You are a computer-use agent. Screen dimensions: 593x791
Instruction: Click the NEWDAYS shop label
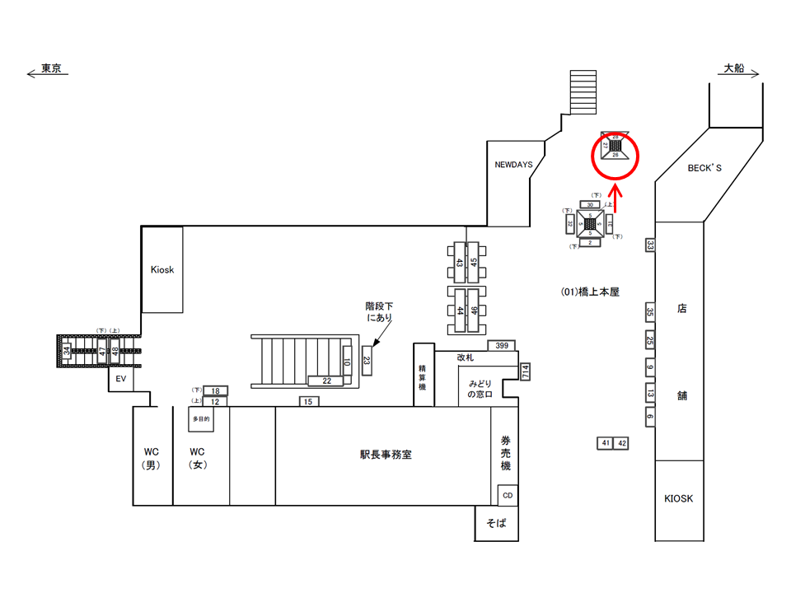point(513,165)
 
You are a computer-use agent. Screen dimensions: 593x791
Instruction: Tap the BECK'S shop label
point(704,168)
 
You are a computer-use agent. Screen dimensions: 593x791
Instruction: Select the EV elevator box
point(119,380)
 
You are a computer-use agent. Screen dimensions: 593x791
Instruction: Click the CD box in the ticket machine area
point(508,495)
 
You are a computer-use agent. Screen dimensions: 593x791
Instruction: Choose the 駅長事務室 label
point(386,454)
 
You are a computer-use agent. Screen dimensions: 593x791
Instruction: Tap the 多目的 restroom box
point(201,418)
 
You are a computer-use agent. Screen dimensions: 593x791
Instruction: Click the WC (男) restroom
point(152,458)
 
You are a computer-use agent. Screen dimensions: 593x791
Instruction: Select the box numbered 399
point(502,345)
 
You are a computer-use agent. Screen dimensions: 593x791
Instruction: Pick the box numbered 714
point(525,371)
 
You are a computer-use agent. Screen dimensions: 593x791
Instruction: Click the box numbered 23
point(367,361)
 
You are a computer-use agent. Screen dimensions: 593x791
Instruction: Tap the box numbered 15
point(308,401)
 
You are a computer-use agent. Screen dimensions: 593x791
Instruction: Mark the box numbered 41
point(606,443)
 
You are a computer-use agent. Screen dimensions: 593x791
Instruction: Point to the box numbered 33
point(650,245)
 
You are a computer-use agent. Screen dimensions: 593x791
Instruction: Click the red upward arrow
point(615,202)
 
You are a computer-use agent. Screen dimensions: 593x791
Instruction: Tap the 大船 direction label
point(733,70)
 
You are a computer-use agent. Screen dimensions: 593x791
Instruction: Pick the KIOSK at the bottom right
point(679,499)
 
